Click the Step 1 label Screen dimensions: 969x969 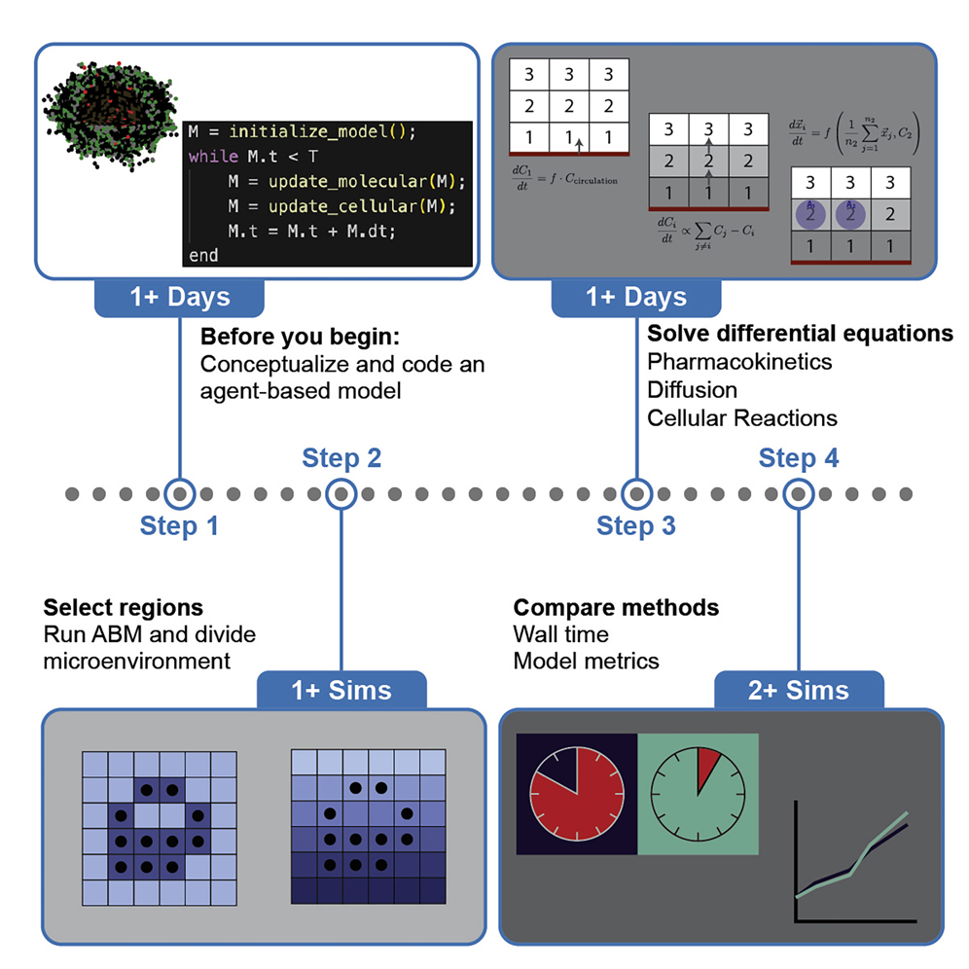(x=179, y=526)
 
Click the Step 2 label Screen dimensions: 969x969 (x=341, y=458)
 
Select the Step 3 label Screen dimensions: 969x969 (x=635, y=526)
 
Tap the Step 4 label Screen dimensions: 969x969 (x=798, y=458)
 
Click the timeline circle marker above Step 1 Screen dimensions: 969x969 (x=179, y=493)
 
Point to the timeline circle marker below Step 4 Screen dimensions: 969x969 (x=798, y=493)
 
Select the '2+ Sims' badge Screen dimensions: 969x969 (x=799, y=691)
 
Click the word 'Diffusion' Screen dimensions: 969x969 (x=692, y=390)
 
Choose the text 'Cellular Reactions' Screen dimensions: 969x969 (x=742, y=418)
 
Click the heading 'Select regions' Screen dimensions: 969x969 (x=123, y=608)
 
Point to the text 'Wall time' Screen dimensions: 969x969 (x=560, y=635)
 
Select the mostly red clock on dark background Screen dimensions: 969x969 (x=576, y=795)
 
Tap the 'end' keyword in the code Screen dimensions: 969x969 (x=202, y=255)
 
